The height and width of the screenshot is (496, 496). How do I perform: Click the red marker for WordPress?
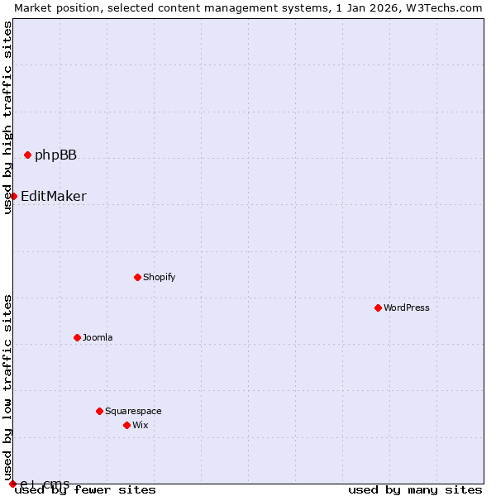(x=378, y=308)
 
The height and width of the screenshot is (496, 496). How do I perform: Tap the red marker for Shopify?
(x=137, y=277)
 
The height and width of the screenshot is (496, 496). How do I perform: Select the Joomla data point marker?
(x=77, y=337)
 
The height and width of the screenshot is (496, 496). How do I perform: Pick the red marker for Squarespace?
(x=99, y=411)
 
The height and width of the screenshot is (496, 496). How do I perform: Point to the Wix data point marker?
(x=126, y=425)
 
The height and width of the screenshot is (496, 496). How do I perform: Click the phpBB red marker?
(x=27, y=155)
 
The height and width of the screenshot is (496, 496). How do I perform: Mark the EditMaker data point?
(x=13, y=196)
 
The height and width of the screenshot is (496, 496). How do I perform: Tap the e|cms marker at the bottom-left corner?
(x=12, y=484)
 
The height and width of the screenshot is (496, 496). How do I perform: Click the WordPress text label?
(x=406, y=308)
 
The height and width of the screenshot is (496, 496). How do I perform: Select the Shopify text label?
(x=159, y=277)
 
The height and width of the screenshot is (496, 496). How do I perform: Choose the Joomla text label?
(x=98, y=337)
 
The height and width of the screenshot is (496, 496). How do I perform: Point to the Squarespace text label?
(x=133, y=411)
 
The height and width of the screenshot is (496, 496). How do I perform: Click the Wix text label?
(x=140, y=425)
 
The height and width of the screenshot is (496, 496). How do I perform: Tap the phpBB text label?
(x=55, y=155)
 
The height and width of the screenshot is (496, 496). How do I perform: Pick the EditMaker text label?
(x=54, y=197)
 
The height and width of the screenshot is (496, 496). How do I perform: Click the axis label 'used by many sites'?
(x=415, y=489)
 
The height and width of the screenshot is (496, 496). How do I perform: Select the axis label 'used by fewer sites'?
(x=85, y=489)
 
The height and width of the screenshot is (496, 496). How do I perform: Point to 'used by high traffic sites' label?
(x=7, y=117)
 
